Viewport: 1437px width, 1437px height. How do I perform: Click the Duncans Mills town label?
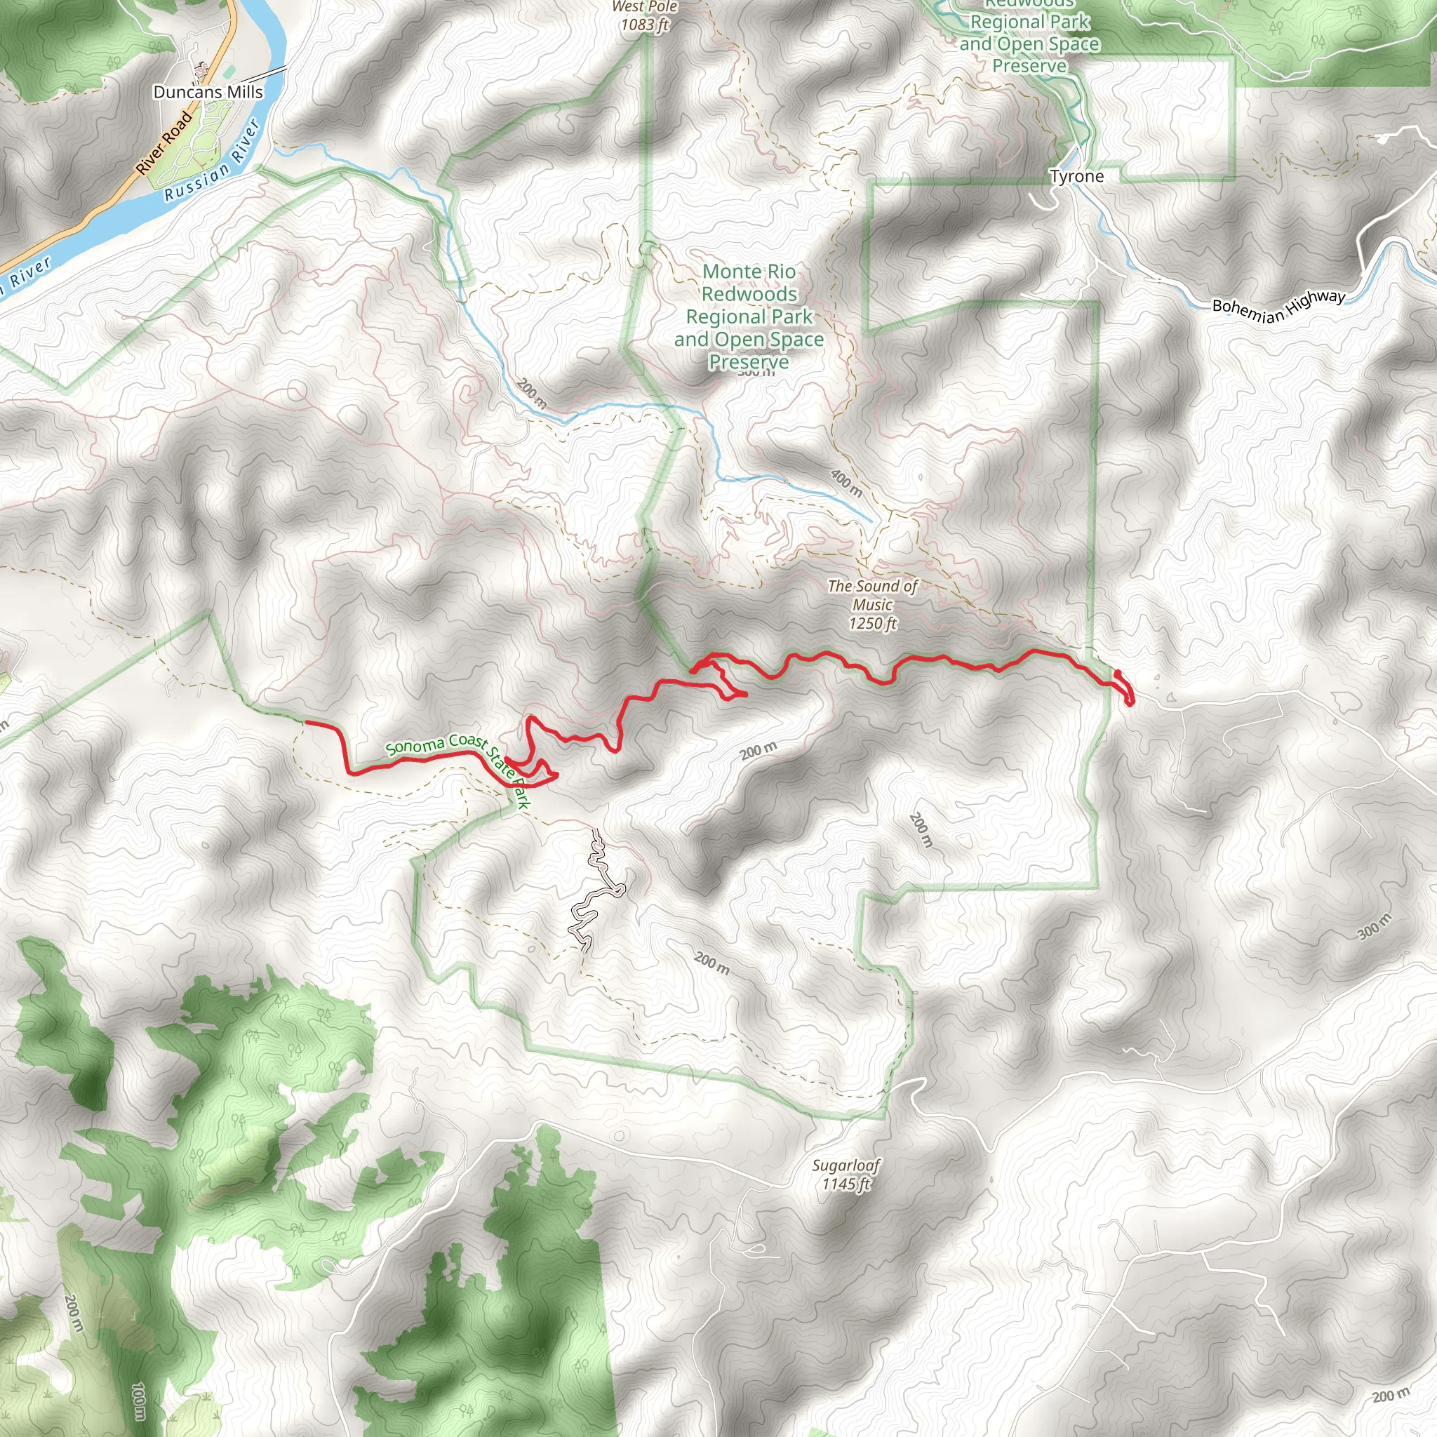208,92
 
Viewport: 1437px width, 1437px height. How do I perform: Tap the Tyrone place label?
1076,176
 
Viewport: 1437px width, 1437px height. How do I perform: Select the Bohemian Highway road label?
1278,306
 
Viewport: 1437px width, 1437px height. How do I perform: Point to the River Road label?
164,143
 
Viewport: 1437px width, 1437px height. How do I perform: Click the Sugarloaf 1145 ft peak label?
846,1174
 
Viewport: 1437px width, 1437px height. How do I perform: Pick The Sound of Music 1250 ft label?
872,605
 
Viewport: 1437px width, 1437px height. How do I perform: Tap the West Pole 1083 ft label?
644,16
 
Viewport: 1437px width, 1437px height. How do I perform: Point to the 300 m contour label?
1374,927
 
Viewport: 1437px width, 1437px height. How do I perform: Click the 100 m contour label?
138,1401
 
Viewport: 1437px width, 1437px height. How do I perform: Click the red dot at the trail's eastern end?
1118,673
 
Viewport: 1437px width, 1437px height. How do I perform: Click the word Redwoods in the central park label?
749,295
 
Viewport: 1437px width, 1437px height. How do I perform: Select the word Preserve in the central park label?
749,361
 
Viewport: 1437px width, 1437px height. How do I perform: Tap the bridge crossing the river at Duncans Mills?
264,73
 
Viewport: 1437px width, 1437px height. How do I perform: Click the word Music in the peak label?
872,605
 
